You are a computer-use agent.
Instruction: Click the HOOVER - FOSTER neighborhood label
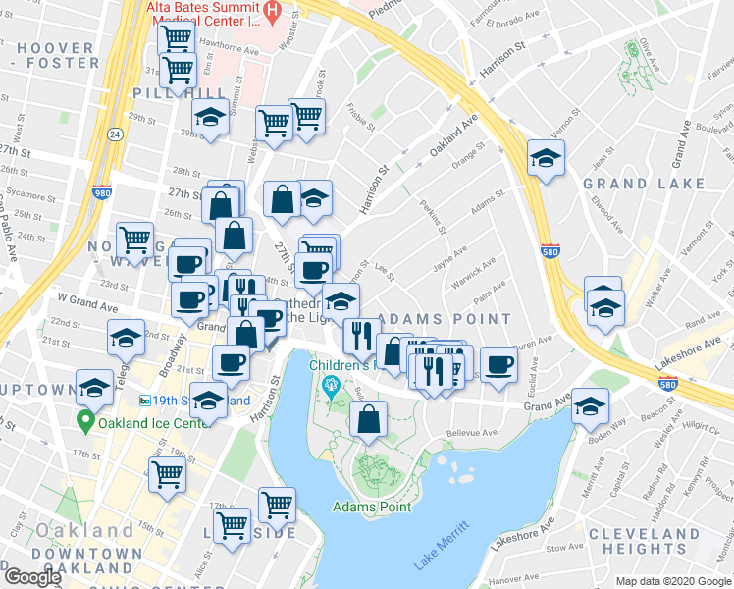(56, 55)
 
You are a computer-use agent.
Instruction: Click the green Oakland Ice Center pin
(86, 423)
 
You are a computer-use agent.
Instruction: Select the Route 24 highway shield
(115, 134)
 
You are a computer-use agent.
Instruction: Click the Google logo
(32, 577)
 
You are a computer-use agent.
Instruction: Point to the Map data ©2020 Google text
(673, 581)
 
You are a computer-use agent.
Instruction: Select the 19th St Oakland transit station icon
(146, 401)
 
